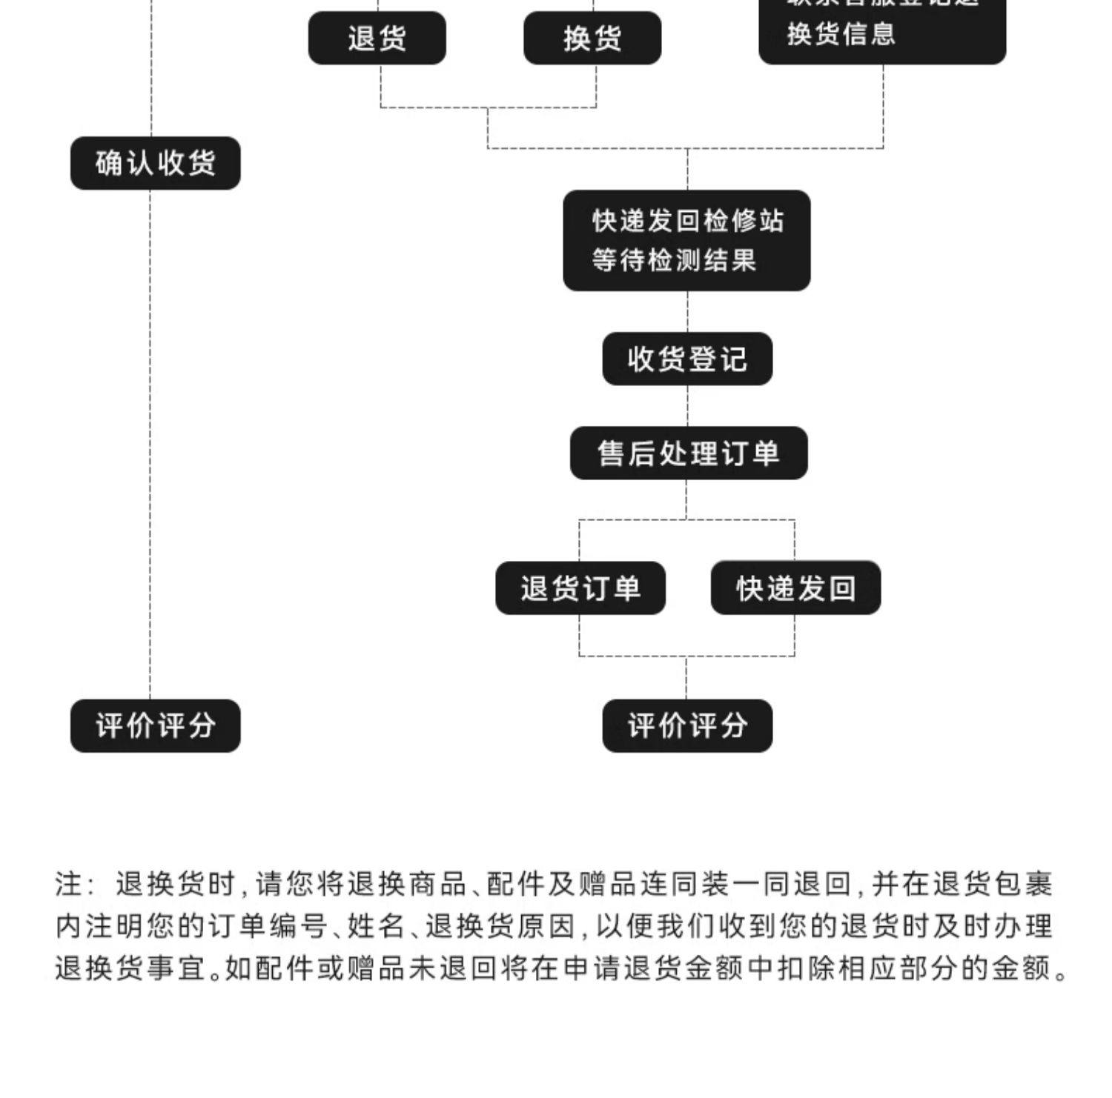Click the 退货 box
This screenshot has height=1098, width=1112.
click(377, 38)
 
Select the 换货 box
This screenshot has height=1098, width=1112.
click(592, 38)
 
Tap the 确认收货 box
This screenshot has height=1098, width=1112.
click(155, 163)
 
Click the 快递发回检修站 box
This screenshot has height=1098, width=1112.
click(686, 240)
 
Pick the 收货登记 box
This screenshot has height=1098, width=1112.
click(686, 359)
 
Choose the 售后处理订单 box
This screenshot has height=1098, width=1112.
click(688, 453)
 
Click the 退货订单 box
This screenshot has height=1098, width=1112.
click(580, 588)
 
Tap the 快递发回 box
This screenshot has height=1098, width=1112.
click(795, 588)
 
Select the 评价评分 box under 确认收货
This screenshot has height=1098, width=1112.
click(155, 725)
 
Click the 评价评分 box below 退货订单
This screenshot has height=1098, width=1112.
click(686, 725)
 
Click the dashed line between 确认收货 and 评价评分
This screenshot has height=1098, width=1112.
click(150, 445)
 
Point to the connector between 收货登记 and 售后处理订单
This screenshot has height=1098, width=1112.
click(687, 406)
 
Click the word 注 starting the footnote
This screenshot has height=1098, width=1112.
click(70, 884)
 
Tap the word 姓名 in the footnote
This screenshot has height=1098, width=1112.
click(376, 926)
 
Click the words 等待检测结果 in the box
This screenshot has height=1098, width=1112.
click(673, 261)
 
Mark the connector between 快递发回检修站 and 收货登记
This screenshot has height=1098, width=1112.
click(687, 311)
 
